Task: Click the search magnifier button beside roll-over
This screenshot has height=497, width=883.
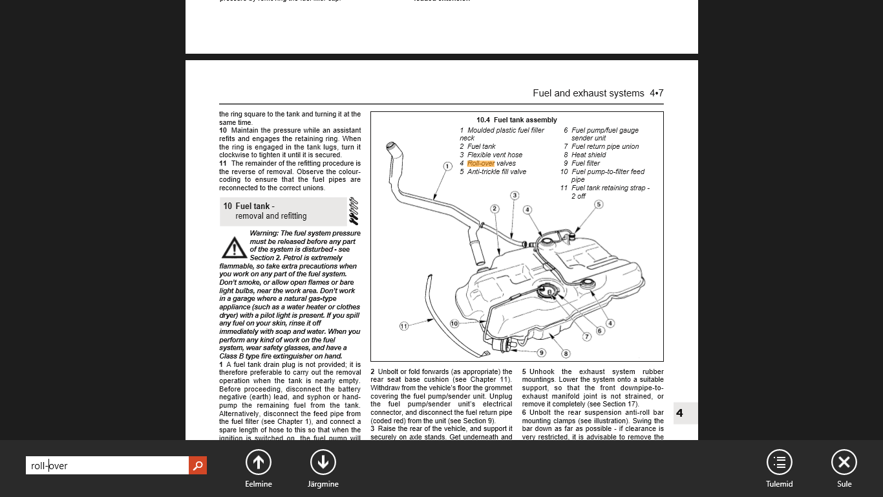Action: click(x=198, y=465)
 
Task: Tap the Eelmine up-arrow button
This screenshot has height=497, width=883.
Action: click(x=258, y=462)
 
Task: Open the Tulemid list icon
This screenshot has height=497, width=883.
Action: click(x=779, y=462)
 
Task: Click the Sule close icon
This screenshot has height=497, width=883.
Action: click(x=844, y=462)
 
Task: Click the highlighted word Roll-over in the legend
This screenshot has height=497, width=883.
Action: click(x=481, y=164)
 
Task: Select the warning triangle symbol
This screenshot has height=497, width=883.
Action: click(x=233, y=247)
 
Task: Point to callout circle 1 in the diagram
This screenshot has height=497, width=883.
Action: click(x=447, y=166)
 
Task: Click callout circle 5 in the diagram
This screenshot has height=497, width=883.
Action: click(x=599, y=204)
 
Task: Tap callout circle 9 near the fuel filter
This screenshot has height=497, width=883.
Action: click(x=542, y=353)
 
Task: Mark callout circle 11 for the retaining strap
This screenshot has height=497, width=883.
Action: click(x=404, y=326)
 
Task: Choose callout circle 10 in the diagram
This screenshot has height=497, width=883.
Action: click(x=454, y=324)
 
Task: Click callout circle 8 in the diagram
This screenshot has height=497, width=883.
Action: click(x=566, y=354)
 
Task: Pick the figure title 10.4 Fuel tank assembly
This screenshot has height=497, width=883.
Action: click(x=516, y=120)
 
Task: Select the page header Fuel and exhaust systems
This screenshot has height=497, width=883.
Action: click(x=588, y=93)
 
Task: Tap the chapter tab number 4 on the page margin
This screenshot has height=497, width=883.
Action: click(x=679, y=413)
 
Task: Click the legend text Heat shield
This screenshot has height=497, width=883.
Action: click(x=588, y=155)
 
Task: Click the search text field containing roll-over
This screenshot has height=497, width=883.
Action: click(x=107, y=465)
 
